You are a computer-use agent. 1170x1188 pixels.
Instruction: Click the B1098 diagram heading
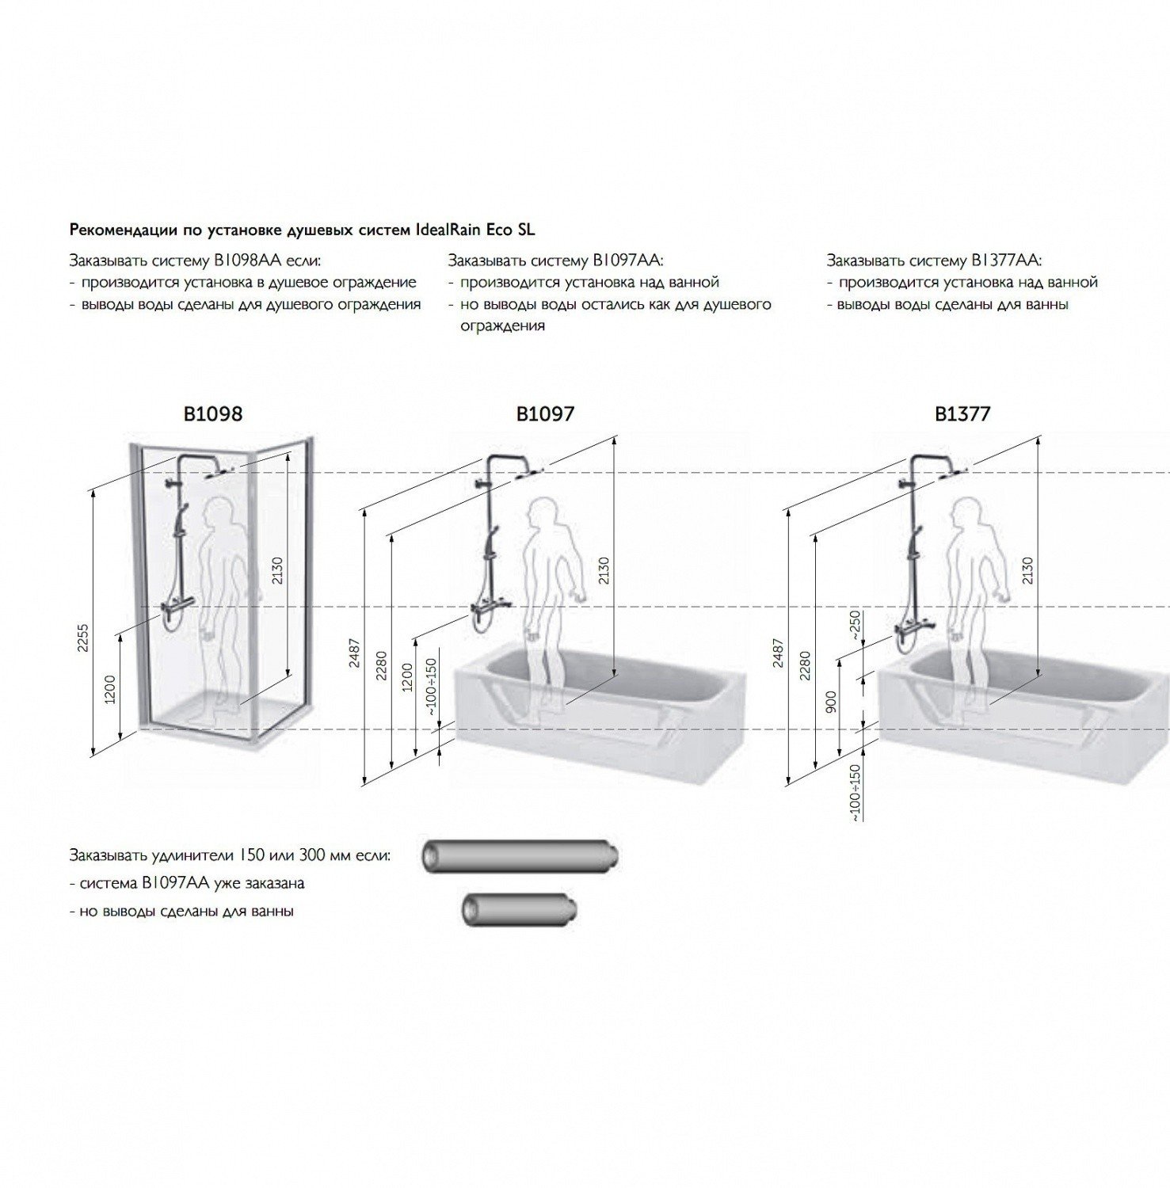coord(212,413)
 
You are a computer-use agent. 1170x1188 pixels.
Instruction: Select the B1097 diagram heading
coord(545,413)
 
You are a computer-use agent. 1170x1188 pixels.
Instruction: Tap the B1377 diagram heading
coord(962,413)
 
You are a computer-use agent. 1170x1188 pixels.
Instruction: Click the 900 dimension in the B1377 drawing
coord(830,702)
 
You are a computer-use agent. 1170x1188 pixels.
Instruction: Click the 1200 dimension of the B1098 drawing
coord(109,689)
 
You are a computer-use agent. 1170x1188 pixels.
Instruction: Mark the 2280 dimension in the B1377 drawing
coord(805,665)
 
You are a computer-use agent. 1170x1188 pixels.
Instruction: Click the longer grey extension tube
coord(519,856)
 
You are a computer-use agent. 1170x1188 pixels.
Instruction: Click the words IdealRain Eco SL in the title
coord(474,230)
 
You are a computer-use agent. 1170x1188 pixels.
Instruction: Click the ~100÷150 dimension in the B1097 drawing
coord(430,687)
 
